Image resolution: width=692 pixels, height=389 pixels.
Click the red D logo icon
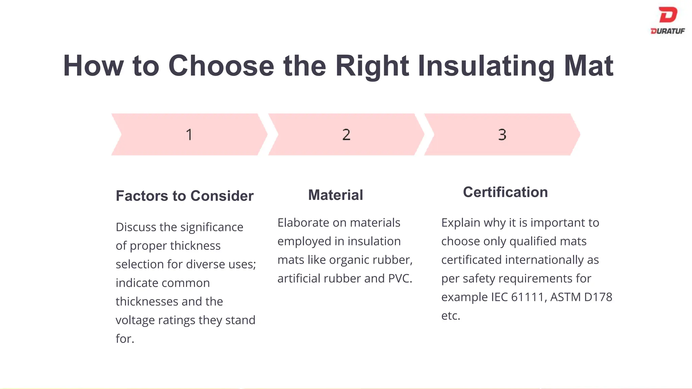(668, 15)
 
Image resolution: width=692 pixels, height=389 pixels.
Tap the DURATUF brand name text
(668, 31)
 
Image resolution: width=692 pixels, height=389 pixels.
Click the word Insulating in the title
(486, 66)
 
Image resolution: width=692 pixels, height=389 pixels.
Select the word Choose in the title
(221, 66)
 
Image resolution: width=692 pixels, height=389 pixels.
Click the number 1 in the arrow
(189, 135)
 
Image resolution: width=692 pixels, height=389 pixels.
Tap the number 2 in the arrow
(346, 135)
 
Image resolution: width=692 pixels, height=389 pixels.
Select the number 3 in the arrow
(502, 135)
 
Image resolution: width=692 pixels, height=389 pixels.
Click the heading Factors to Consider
(184, 196)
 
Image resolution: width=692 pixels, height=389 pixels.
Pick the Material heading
(336, 195)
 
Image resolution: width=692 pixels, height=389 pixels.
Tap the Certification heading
(505, 192)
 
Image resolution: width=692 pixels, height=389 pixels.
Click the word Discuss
(136, 227)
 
